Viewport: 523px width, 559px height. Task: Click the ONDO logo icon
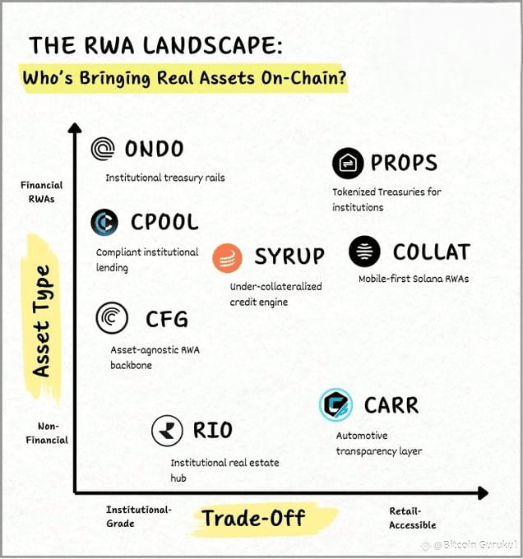tap(104, 150)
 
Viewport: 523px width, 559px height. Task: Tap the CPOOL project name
tap(164, 222)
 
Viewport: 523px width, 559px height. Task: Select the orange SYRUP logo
tap(227, 257)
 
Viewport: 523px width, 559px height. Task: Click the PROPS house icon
tap(348, 164)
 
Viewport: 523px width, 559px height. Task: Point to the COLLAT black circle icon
tap(364, 252)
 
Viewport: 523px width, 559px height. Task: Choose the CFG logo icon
tap(112, 318)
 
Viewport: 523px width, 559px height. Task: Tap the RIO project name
tap(212, 430)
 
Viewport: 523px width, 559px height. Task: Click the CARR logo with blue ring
tap(336, 404)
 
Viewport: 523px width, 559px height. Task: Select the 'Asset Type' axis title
tap(41, 321)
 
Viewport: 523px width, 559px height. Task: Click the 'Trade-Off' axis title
tap(253, 518)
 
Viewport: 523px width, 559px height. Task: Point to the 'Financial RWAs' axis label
tap(42, 192)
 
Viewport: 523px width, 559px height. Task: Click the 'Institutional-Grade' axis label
tap(138, 516)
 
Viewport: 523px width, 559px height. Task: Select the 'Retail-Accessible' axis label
tap(413, 518)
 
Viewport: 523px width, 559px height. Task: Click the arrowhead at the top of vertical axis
tap(75, 129)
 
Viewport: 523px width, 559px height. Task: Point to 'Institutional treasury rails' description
tap(164, 178)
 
